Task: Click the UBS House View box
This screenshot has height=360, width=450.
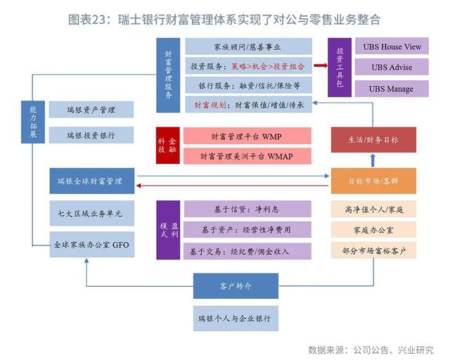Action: coord(392,46)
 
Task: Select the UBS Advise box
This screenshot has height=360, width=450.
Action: coord(392,67)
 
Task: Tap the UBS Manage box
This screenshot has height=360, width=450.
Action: coord(392,89)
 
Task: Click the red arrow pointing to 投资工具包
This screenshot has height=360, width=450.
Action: coord(321,65)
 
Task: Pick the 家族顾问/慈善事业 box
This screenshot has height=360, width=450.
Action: coord(248,46)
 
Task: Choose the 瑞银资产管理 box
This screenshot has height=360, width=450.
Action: coord(91,110)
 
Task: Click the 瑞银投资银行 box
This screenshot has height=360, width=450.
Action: coord(91,135)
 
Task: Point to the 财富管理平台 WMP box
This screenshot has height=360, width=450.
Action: coord(247,136)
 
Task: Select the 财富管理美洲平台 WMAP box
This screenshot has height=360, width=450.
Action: coord(247,156)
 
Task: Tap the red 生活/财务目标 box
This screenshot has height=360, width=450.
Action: coord(373,140)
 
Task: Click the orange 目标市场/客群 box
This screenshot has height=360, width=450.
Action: coord(373,181)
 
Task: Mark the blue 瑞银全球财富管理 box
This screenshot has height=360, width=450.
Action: coord(92,181)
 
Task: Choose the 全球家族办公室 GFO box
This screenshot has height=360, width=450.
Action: coord(92,244)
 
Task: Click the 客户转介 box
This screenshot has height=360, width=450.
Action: coord(236,286)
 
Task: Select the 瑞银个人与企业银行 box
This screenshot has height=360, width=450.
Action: coord(236,319)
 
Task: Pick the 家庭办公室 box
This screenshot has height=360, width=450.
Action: coord(373,230)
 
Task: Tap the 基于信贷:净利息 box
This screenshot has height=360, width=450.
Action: coord(247,209)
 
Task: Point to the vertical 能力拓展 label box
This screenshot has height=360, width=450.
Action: coord(33,122)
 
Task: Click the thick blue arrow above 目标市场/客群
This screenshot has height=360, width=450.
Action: coord(373,160)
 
